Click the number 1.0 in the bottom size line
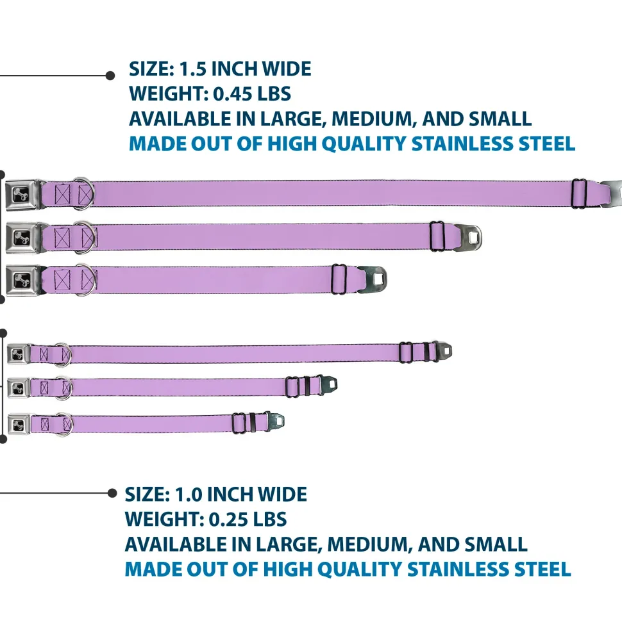(x=187, y=495)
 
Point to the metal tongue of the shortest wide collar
(x=373, y=278)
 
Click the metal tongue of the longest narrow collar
(x=442, y=351)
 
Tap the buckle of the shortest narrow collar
(x=19, y=423)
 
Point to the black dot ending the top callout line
(x=110, y=76)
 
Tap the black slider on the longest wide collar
(x=580, y=193)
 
